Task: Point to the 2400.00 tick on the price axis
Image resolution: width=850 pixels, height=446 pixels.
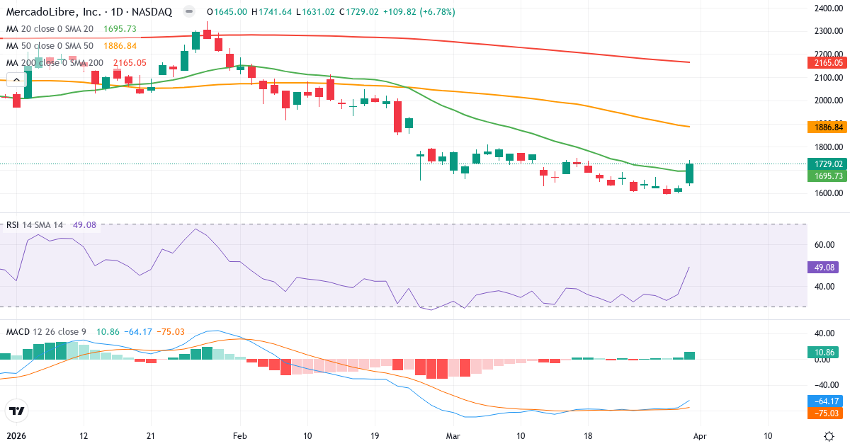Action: point(827,8)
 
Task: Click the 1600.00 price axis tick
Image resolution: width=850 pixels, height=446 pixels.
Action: point(827,193)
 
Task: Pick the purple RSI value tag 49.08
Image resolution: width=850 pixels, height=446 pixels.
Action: point(822,268)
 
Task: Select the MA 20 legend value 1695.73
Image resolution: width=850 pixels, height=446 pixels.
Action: point(120,29)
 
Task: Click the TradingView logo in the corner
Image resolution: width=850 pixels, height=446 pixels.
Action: point(16,411)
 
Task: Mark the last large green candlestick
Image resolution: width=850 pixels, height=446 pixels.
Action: point(690,174)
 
